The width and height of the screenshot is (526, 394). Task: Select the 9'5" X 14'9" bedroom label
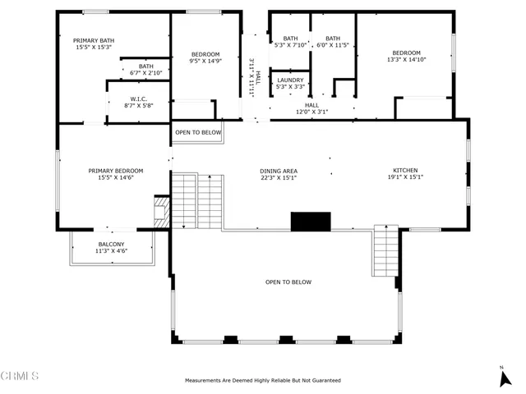coord(205,57)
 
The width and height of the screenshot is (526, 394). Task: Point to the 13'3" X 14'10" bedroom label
coord(404,57)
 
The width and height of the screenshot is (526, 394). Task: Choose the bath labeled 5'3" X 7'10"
coord(290,42)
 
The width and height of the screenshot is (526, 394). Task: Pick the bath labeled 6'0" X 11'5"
coord(332,42)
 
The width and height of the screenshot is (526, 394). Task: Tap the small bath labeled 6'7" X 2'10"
coord(145,70)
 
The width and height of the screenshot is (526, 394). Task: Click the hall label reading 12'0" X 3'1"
coord(311,108)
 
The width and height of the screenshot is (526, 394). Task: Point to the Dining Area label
coord(279,175)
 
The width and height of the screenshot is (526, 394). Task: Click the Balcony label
coord(111,248)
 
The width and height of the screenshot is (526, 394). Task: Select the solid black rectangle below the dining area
coord(311,222)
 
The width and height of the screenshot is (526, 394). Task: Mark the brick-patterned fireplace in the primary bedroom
coord(162,211)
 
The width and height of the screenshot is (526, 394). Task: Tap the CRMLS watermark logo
coord(21,377)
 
